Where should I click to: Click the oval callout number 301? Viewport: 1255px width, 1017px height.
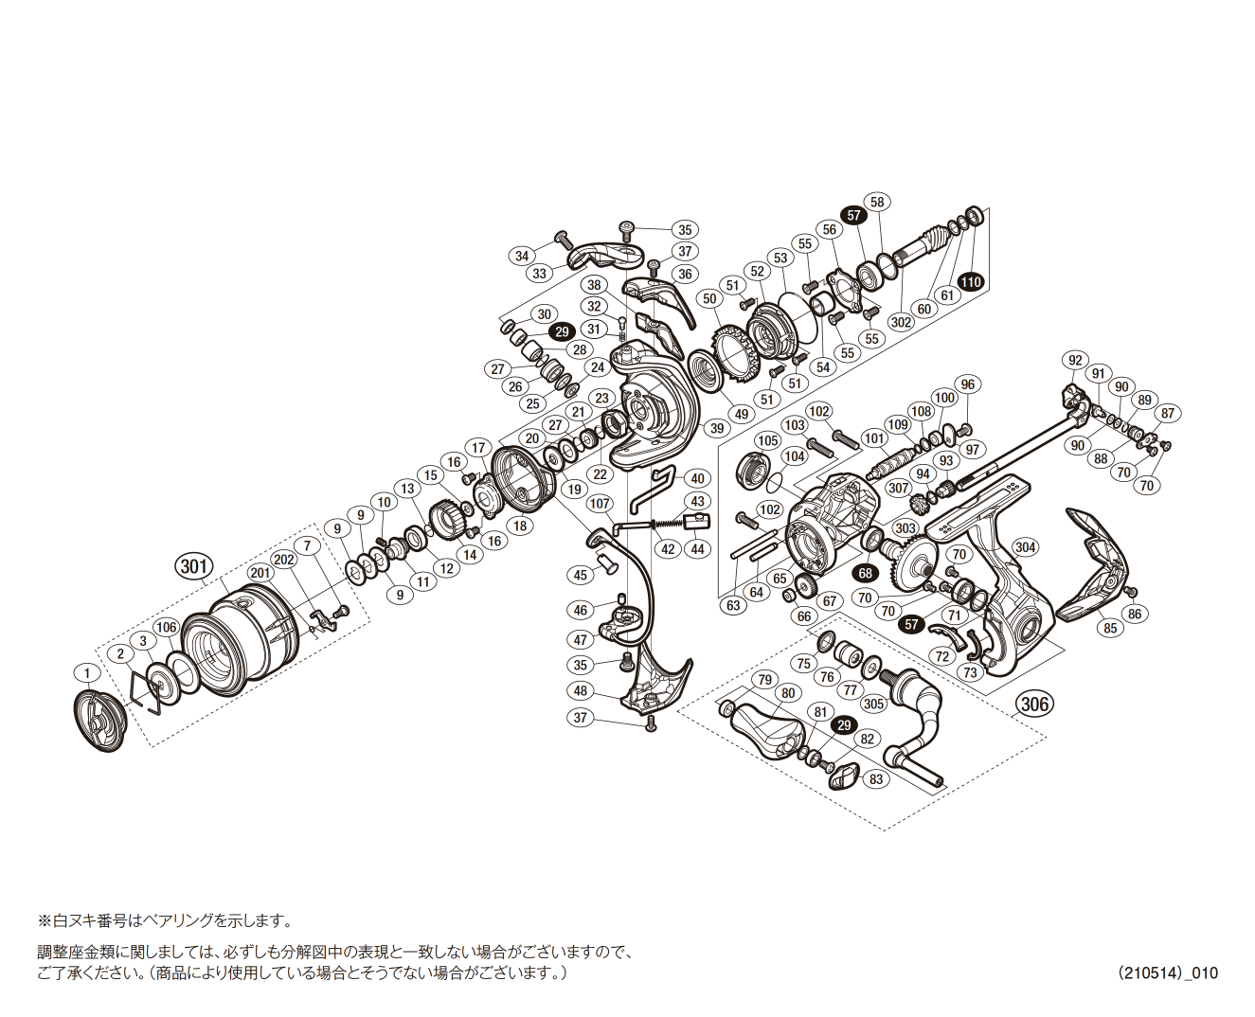pyautogui.click(x=193, y=567)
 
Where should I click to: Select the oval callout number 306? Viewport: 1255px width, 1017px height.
pyautogui.click(x=1034, y=704)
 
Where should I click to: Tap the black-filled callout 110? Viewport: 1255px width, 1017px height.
pyautogui.click(x=970, y=281)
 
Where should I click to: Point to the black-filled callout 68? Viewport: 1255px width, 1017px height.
pyautogui.click(x=865, y=573)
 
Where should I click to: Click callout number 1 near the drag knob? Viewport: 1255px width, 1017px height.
pyautogui.click(x=86, y=673)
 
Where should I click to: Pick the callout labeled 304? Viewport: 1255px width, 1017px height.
pyautogui.click(x=1025, y=547)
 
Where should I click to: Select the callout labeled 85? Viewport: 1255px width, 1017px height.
pyautogui.click(x=1110, y=627)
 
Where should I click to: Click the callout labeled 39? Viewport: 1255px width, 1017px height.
pyautogui.click(x=716, y=428)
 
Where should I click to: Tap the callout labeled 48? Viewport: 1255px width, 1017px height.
pyautogui.click(x=581, y=690)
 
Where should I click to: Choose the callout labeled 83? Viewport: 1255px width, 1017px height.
pyautogui.click(x=875, y=778)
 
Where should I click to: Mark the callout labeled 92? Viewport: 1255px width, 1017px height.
pyautogui.click(x=1074, y=360)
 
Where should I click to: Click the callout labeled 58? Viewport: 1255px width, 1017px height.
pyautogui.click(x=877, y=202)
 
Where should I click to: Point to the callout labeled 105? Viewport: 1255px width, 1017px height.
pyautogui.click(x=767, y=440)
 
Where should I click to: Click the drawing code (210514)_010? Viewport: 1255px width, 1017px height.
pyautogui.click(x=1167, y=972)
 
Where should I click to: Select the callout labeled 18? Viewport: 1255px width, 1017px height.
pyautogui.click(x=519, y=526)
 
